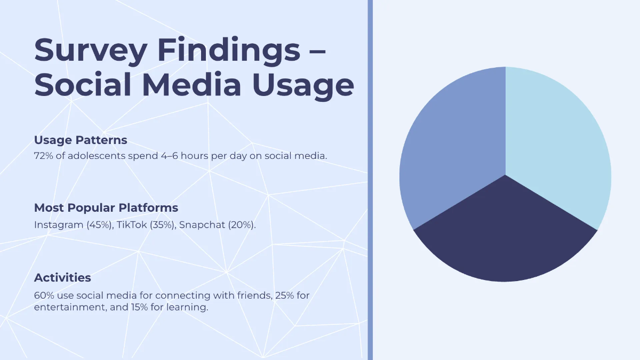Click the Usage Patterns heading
[81, 140]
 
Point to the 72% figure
[43, 156]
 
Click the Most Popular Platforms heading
[106, 207]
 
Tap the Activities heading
[62, 278]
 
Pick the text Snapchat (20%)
[218, 225]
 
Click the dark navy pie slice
[506, 240]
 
